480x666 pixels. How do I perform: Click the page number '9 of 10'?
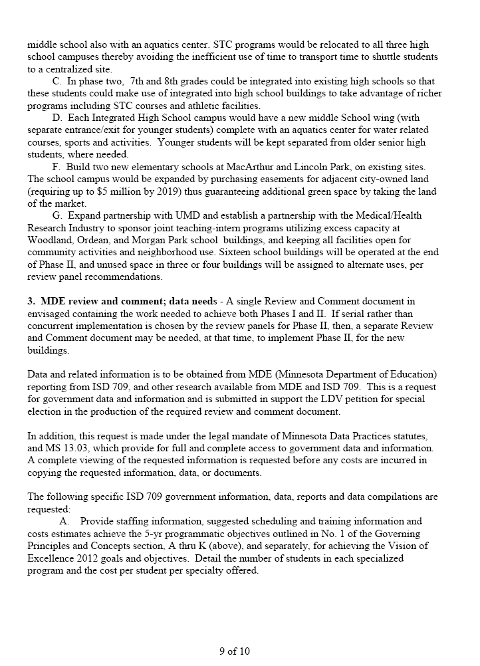[234, 651]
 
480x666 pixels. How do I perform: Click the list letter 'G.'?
[57, 216]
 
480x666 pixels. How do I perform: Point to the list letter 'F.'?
[57, 166]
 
